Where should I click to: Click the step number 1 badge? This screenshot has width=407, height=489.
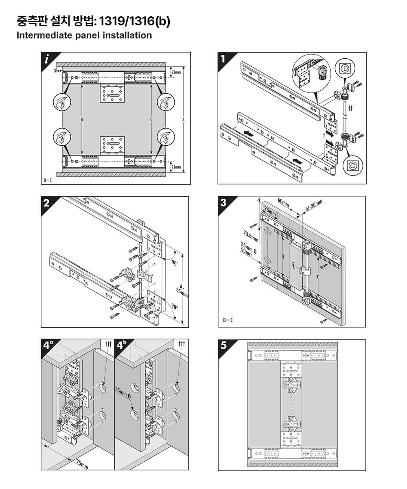coord(223,59)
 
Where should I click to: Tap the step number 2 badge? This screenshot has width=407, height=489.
coord(46,203)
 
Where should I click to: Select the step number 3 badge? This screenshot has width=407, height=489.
coord(223,203)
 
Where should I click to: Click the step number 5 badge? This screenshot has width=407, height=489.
coord(223,346)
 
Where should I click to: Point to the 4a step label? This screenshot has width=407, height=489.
coord(48,346)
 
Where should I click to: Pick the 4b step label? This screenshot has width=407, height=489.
coord(121,346)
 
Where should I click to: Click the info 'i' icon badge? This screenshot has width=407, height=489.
coord(47,59)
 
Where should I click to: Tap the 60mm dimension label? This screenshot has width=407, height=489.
coord(283,202)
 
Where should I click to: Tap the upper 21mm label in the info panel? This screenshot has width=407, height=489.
coord(176,72)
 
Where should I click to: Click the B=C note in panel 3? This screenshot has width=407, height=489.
coord(228,320)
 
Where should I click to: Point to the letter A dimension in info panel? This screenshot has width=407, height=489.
coord(183,120)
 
